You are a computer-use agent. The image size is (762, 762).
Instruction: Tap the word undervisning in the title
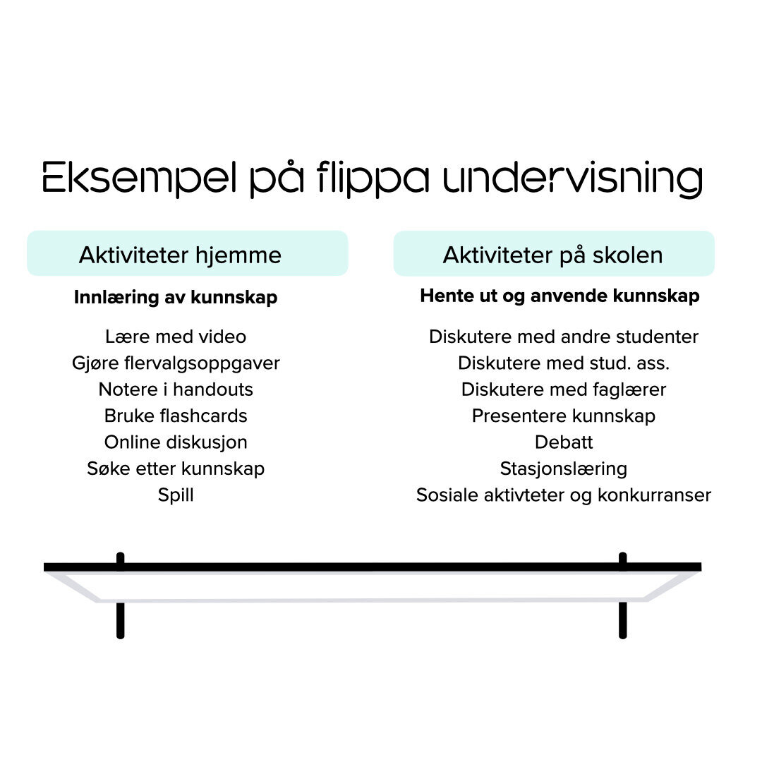(x=573, y=178)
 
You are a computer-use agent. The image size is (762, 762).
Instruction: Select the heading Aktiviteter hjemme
(x=180, y=255)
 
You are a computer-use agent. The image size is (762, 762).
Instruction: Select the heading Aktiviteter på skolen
(x=552, y=255)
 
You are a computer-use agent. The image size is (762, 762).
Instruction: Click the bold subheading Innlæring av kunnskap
(x=176, y=298)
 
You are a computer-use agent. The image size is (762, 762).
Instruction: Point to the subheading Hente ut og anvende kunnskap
(x=560, y=296)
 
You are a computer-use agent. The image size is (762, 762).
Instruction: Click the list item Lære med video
(x=176, y=337)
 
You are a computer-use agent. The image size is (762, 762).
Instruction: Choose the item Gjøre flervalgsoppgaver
(x=176, y=363)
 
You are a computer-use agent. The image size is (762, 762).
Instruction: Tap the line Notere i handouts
(x=176, y=389)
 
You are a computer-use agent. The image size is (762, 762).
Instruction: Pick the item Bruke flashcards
(x=176, y=416)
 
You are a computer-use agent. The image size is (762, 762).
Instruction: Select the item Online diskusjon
(x=176, y=442)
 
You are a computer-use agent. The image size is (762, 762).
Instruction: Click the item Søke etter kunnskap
(x=176, y=468)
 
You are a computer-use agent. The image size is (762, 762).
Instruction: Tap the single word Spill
(x=176, y=495)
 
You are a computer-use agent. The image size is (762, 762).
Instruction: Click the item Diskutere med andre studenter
(x=564, y=337)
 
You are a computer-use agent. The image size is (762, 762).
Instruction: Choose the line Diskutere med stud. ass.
(x=564, y=363)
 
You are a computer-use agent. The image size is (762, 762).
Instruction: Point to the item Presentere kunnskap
(x=564, y=416)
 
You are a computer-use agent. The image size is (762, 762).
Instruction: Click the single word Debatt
(x=564, y=442)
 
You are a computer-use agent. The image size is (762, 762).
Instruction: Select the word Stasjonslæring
(x=564, y=468)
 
